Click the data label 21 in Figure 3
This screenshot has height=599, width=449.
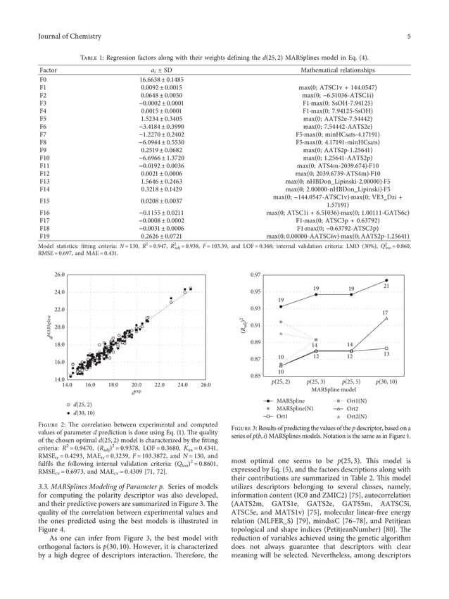386,286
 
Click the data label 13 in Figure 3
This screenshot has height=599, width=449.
386,353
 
